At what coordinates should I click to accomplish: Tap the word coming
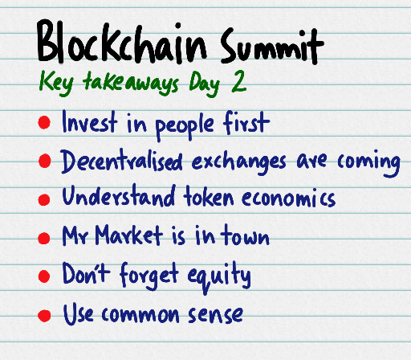[371, 163]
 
